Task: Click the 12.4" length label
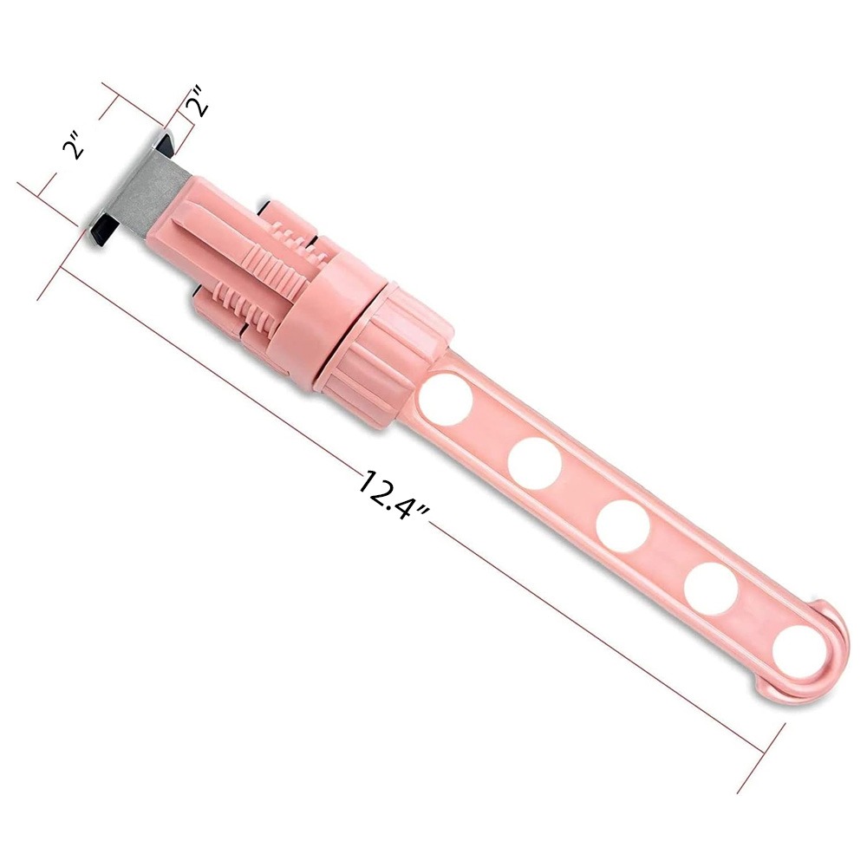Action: click(394, 494)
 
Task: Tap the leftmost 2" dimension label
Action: click(73, 145)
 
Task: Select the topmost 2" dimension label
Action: click(199, 100)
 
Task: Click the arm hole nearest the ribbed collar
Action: click(446, 399)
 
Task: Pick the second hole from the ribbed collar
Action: click(534, 463)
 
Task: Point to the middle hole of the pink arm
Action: click(623, 526)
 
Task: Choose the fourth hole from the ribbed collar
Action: click(711, 589)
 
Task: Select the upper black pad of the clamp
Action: click(164, 142)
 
